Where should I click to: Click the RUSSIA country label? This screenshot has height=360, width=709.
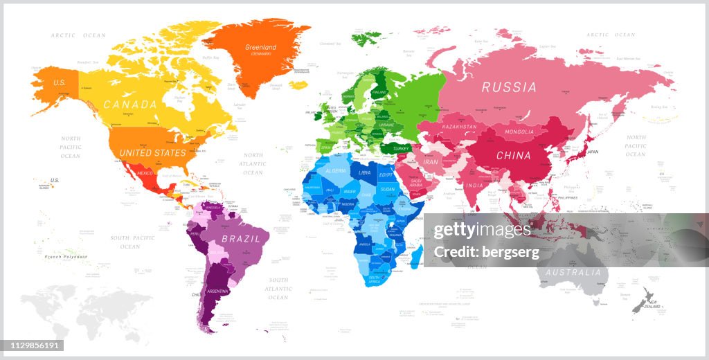pos(509,87)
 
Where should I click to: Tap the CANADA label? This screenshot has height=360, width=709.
pos(130,105)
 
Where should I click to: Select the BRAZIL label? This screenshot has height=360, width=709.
pos(241,239)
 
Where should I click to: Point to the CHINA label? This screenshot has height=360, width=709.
pos(513,156)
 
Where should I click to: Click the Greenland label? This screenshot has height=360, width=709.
pos(260,48)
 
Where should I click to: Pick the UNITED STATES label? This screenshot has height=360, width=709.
pos(152,152)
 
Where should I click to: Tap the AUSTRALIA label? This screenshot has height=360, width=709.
pos(573,272)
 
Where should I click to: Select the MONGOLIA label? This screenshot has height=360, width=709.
pos(519,132)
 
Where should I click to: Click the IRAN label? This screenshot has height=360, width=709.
pos(431,161)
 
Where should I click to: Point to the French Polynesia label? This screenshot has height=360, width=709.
pos(66,257)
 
